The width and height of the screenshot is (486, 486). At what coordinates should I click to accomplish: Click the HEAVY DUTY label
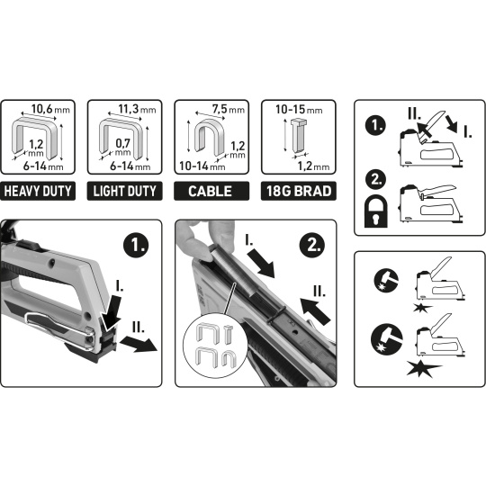click(x=38, y=191)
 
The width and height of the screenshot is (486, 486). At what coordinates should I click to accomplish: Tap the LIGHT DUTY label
click(x=124, y=191)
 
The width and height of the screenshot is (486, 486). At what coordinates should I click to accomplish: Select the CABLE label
click(x=211, y=191)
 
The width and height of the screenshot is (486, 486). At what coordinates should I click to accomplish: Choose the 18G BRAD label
click(x=299, y=191)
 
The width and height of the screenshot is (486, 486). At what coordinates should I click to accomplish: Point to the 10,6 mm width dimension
click(x=50, y=109)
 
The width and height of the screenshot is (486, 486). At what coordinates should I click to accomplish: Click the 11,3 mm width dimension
click(x=137, y=109)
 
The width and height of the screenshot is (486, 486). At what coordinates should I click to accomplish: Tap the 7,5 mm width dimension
click(x=229, y=109)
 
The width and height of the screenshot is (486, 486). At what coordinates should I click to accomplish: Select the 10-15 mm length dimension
click(x=299, y=110)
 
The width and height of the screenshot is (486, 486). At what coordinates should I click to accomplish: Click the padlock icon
click(x=376, y=211)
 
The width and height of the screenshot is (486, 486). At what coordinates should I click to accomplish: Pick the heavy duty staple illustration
click(x=34, y=138)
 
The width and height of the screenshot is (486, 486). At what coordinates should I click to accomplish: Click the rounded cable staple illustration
click(x=209, y=137)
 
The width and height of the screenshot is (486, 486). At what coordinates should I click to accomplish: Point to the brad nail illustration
click(x=298, y=136)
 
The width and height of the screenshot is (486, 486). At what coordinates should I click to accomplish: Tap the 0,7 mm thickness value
click(x=122, y=147)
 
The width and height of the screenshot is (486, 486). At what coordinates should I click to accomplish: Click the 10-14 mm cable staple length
click(x=202, y=166)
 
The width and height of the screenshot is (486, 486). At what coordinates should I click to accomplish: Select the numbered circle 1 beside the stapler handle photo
click(x=136, y=245)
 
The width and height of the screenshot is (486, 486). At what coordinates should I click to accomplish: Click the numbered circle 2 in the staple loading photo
click(x=312, y=245)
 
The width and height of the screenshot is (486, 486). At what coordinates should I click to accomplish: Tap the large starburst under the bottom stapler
click(x=424, y=368)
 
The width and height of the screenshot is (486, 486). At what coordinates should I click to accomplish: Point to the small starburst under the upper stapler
click(x=423, y=308)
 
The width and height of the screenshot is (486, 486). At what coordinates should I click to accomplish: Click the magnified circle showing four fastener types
click(x=215, y=346)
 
